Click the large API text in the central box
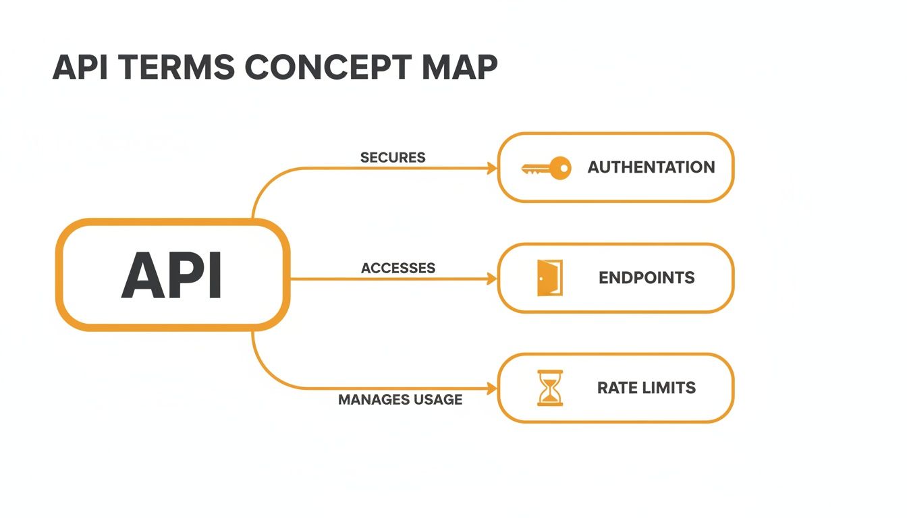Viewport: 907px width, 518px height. (x=172, y=276)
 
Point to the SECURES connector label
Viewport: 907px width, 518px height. (x=393, y=158)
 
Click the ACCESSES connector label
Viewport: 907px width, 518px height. (x=398, y=268)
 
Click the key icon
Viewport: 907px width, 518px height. (x=546, y=168)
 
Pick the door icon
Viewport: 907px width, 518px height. (x=548, y=278)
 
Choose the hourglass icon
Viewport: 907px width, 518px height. (x=549, y=388)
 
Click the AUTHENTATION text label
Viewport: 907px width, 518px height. (x=651, y=167)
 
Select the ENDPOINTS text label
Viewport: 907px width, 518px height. (x=647, y=278)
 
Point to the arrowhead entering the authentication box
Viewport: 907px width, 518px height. (x=492, y=169)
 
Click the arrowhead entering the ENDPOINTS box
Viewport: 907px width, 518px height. (x=492, y=279)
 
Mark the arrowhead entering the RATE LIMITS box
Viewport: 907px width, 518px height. (x=492, y=388)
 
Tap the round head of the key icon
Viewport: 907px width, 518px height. (x=560, y=168)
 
